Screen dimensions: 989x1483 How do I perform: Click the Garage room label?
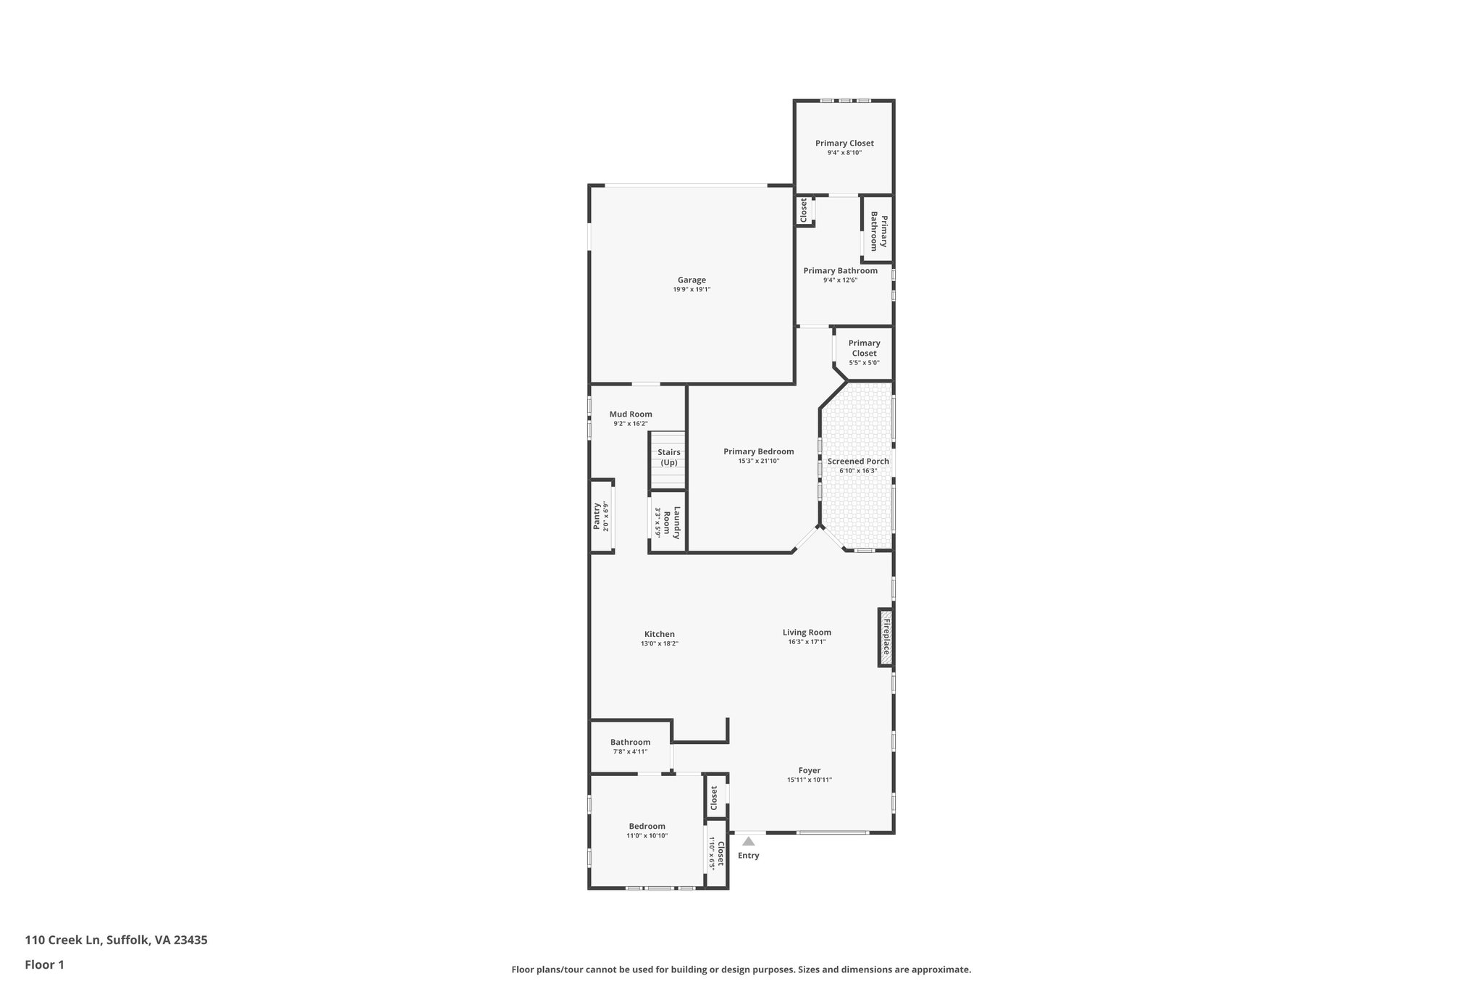click(692, 280)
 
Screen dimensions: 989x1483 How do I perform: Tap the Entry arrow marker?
click(748, 841)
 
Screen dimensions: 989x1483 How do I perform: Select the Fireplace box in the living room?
click(885, 637)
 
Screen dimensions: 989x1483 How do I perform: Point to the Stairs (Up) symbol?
click(668, 458)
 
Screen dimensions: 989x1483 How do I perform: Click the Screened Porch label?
click(858, 461)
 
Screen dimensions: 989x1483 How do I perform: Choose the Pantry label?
click(597, 516)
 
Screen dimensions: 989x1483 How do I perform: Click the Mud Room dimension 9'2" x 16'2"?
click(630, 424)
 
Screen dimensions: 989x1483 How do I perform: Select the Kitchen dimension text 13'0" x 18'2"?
click(659, 643)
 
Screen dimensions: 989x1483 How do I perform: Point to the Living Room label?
click(807, 632)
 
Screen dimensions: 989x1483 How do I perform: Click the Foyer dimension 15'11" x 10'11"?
click(810, 780)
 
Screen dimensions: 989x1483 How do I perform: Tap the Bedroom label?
click(647, 826)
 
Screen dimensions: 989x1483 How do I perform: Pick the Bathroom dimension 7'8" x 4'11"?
click(630, 751)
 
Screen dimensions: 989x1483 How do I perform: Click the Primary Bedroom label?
click(758, 451)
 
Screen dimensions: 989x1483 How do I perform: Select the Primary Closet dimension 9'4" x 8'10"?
click(844, 153)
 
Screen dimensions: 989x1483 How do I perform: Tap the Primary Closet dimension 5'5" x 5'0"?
click(864, 363)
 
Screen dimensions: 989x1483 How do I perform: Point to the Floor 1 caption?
click(44, 964)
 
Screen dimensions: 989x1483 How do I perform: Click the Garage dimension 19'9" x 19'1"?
click(692, 290)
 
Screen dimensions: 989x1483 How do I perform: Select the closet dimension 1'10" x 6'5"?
click(712, 854)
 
